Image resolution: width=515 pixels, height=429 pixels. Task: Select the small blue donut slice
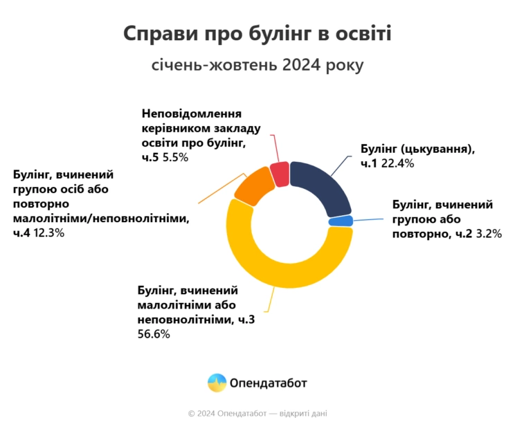341,221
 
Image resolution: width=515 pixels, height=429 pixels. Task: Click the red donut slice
280,174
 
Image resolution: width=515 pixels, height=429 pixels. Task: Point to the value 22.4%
397,163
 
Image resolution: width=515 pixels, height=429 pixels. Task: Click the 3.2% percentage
489,234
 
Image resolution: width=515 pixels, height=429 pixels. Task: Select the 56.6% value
154,334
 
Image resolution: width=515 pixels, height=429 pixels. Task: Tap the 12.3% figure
48,233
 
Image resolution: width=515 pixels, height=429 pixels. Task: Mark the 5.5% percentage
175,158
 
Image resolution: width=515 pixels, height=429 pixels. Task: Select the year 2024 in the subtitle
301,64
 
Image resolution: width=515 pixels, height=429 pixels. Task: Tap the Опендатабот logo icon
217,383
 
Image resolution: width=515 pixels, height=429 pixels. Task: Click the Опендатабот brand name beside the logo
268,383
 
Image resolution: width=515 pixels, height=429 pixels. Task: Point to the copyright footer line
257,414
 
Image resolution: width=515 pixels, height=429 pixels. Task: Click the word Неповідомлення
192,113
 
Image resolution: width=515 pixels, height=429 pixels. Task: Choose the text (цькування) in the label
437,149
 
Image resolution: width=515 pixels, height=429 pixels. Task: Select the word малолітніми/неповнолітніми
101,218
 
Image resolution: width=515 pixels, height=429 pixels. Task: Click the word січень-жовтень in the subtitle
214,65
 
